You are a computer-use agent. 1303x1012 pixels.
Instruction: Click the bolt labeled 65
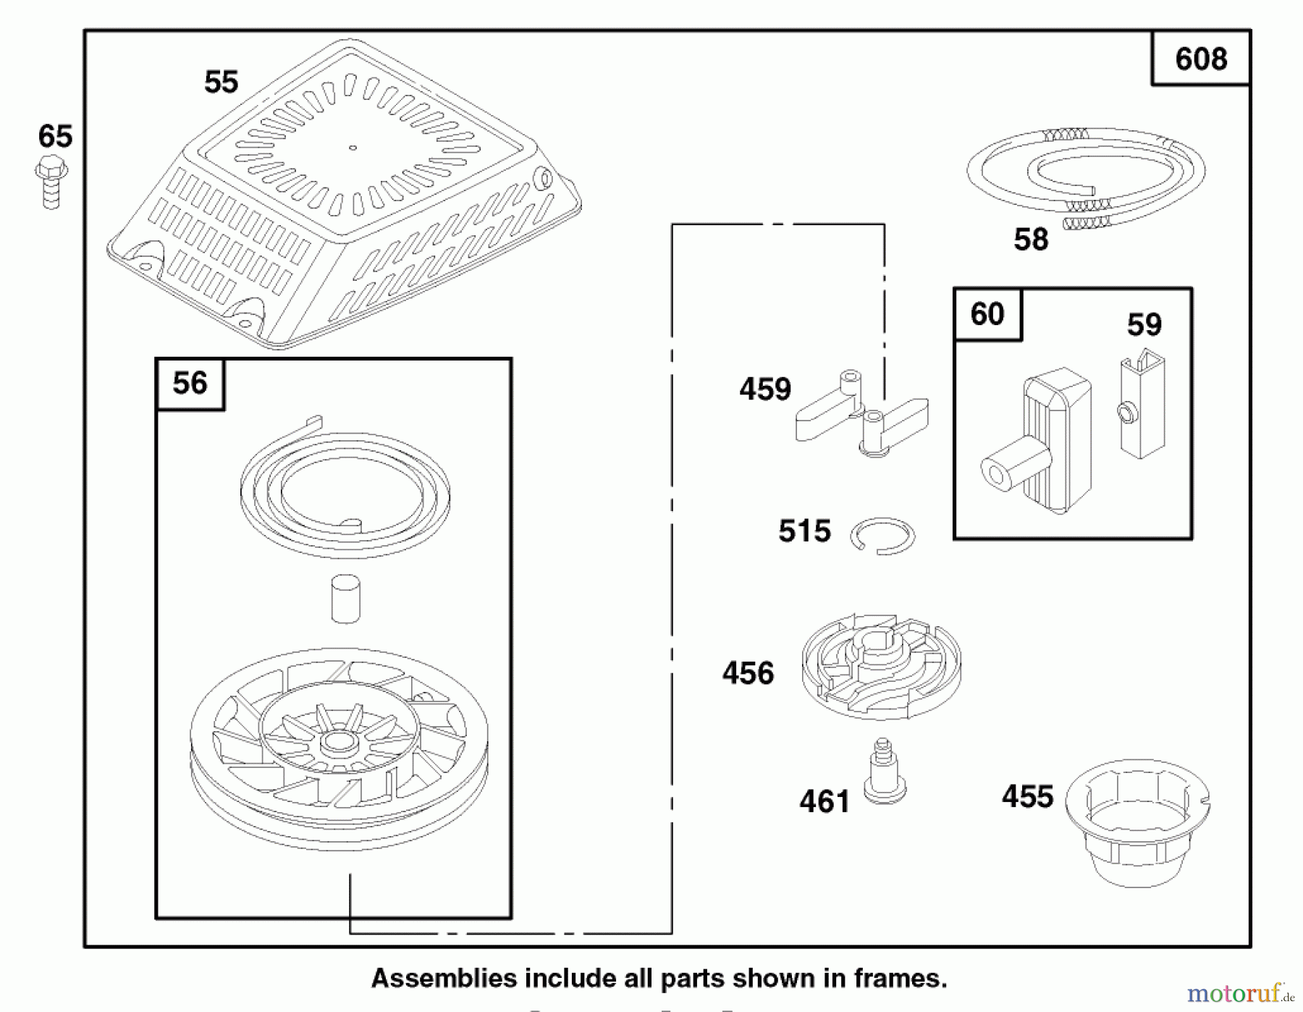pos(51,182)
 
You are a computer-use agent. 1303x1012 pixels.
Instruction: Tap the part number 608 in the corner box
pos(1201,59)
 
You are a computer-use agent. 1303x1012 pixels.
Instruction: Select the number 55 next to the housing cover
pos(221,82)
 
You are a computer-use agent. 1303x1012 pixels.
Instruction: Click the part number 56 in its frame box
pos(190,384)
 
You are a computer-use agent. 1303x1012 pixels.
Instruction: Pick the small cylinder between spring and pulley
pos(345,598)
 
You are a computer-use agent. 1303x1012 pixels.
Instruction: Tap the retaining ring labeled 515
pos(883,536)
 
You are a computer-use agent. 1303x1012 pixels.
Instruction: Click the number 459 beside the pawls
pos(765,389)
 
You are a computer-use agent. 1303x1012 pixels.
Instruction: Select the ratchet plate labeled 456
pos(881,666)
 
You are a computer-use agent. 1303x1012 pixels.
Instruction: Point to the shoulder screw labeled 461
pos(884,773)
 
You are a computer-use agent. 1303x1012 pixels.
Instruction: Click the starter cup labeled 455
pos(1137,822)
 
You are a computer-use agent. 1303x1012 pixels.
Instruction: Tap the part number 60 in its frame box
pos(987,314)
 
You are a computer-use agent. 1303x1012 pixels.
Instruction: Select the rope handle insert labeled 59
pos(1142,405)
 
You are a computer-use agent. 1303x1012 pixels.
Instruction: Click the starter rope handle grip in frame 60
pos(1042,442)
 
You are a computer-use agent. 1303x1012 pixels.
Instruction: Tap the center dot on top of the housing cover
pos(353,148)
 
